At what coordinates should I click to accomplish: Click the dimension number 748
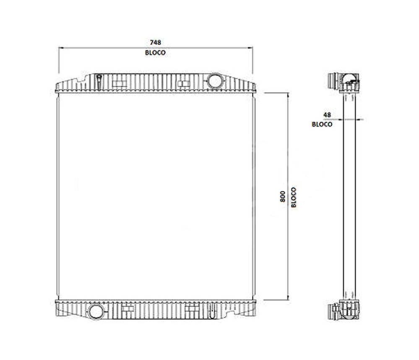point(155,42)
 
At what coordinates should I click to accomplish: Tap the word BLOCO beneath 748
point(155,53)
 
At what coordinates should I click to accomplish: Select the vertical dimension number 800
point(283,197)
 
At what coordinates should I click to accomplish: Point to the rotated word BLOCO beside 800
point(294,197)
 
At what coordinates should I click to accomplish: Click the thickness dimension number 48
point(327,115)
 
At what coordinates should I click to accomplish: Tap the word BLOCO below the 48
point(322,124)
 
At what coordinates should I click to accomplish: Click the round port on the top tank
point(215,80)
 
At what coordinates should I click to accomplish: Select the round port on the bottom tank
point(95,311)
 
